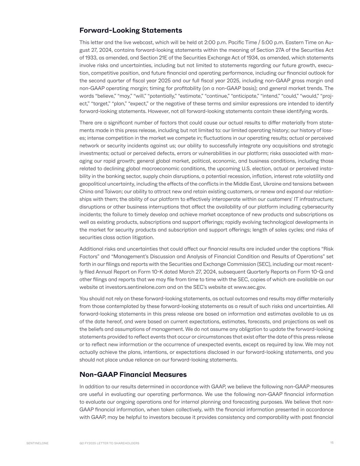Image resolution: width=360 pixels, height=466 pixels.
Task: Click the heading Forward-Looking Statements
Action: pyautogui.click(x=131, y=30)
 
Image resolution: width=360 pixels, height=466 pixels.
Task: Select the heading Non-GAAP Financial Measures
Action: pyautogui.click(x=133, y=375)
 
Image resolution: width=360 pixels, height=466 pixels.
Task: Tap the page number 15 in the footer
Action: pyautogui.click(x=332, y=442)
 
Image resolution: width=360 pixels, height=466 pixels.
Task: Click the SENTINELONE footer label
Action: pyautogui.click(x=38, y=443)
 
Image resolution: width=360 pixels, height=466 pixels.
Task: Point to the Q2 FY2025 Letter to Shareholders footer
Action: pyautogui.click(x=109, y=443)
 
